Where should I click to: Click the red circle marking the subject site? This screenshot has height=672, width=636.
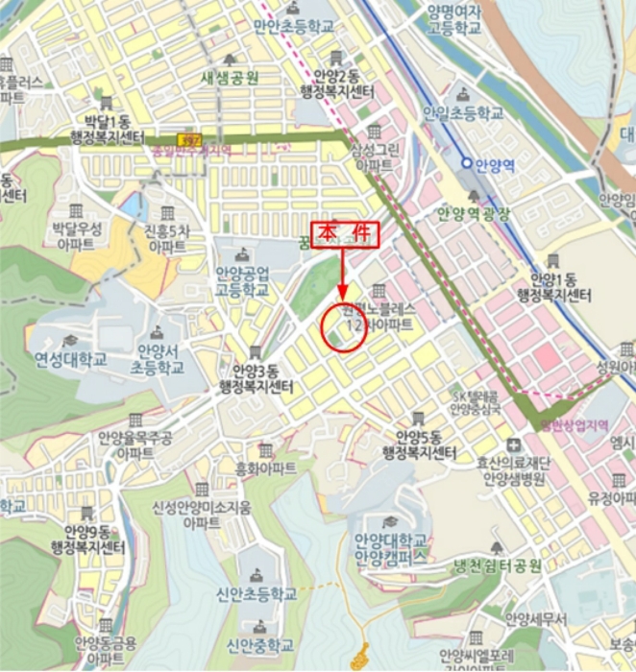(344, 326)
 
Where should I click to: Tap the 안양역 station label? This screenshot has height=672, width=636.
(495, 163)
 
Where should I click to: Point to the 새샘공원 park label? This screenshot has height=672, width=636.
(228, 78)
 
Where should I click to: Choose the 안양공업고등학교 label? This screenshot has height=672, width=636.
(241, 280)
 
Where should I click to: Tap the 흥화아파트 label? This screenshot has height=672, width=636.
(266, 468)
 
